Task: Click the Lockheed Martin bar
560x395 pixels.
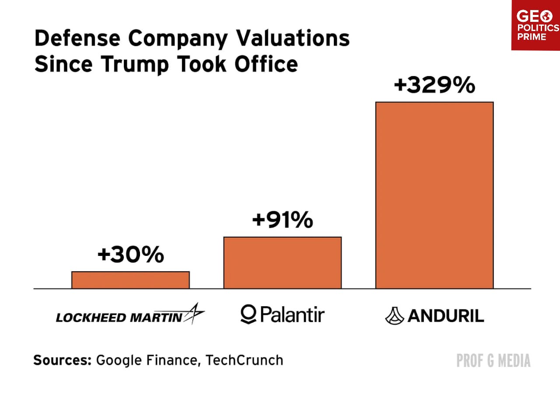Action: pyautogui.click(x=130, y=280)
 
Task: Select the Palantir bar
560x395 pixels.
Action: pyautogui.click(x=282, y=262)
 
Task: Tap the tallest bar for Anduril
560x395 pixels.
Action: pyautogui.click(x=434, y=195)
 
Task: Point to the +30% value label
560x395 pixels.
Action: pyautogui.click(x=130, y=255)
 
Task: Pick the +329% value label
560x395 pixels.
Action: pyautogui.click(x=434, y=85)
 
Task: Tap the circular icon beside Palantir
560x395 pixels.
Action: pyautogui.click(x=248, y=315)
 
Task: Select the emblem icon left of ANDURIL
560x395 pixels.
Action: pyautogui.click(x=394, y=315)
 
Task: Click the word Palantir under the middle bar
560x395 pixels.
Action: pyautogui.click(x=292, y=315)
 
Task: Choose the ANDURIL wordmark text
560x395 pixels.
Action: pyautogui.click(x=445, y=316)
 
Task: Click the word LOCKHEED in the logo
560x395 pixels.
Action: pyautogui.click(x=90, y=317)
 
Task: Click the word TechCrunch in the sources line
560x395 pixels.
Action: pyautogui.click(x=244, y=360)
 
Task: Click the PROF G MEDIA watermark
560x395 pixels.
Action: pyautogui.click(x=493, y=361)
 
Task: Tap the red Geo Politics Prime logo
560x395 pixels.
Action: pyautogui.click(x=536, y=25)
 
